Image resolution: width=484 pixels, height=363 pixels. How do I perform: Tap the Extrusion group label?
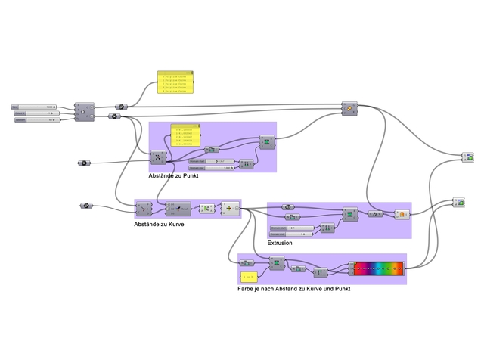[x=280, y=243]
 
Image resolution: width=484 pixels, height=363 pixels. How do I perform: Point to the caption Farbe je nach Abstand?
[x=293, y=289]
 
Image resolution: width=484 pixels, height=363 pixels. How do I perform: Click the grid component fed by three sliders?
[x=84, y=112]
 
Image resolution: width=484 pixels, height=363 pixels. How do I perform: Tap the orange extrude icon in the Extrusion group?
[x=402, y=215]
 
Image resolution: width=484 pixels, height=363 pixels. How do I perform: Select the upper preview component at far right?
[x=468, y=157]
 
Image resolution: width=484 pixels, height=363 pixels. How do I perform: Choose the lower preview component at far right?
[x=459, y=203]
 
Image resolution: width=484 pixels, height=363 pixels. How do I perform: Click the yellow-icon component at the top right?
[x=349, y=108]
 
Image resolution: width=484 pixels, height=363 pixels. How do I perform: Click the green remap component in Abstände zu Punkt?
[x=266, y=142]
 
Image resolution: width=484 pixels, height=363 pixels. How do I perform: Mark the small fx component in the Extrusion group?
[x=375, y=214]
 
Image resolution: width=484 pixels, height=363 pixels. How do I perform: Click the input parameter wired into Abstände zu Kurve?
[x=85, y=205]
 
